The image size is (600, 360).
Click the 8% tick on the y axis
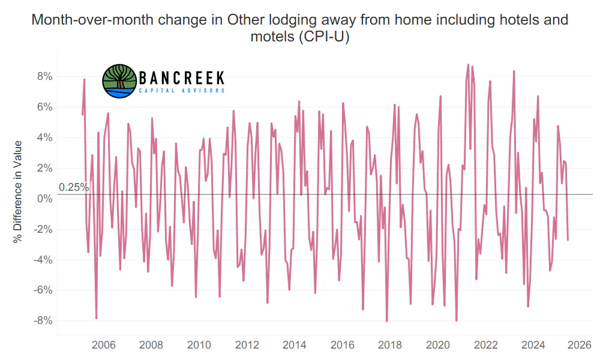point(45,77)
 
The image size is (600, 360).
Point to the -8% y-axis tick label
point(43,320)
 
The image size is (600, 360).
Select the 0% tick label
point(45,199)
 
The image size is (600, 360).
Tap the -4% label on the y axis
point(43,260)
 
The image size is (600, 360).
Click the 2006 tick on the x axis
point(103,345)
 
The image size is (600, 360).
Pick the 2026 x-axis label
point(580,345)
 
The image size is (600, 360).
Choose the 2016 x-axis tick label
point(342,345)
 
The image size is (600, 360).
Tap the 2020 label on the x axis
point(438,345)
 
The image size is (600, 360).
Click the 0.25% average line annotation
point(74,187)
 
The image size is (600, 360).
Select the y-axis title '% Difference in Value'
point(17,191)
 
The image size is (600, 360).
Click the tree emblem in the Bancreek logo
point(119,81)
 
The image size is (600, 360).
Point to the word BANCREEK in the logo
point(181,78)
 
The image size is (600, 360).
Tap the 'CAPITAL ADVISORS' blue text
point(182,91)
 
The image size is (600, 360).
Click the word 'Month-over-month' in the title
point(92,20)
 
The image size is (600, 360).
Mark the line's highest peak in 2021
point(468,65)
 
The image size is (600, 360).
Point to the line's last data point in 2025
point(568,240)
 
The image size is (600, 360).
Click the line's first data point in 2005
point(82,115)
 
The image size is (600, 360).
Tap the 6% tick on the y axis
point(45,107)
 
